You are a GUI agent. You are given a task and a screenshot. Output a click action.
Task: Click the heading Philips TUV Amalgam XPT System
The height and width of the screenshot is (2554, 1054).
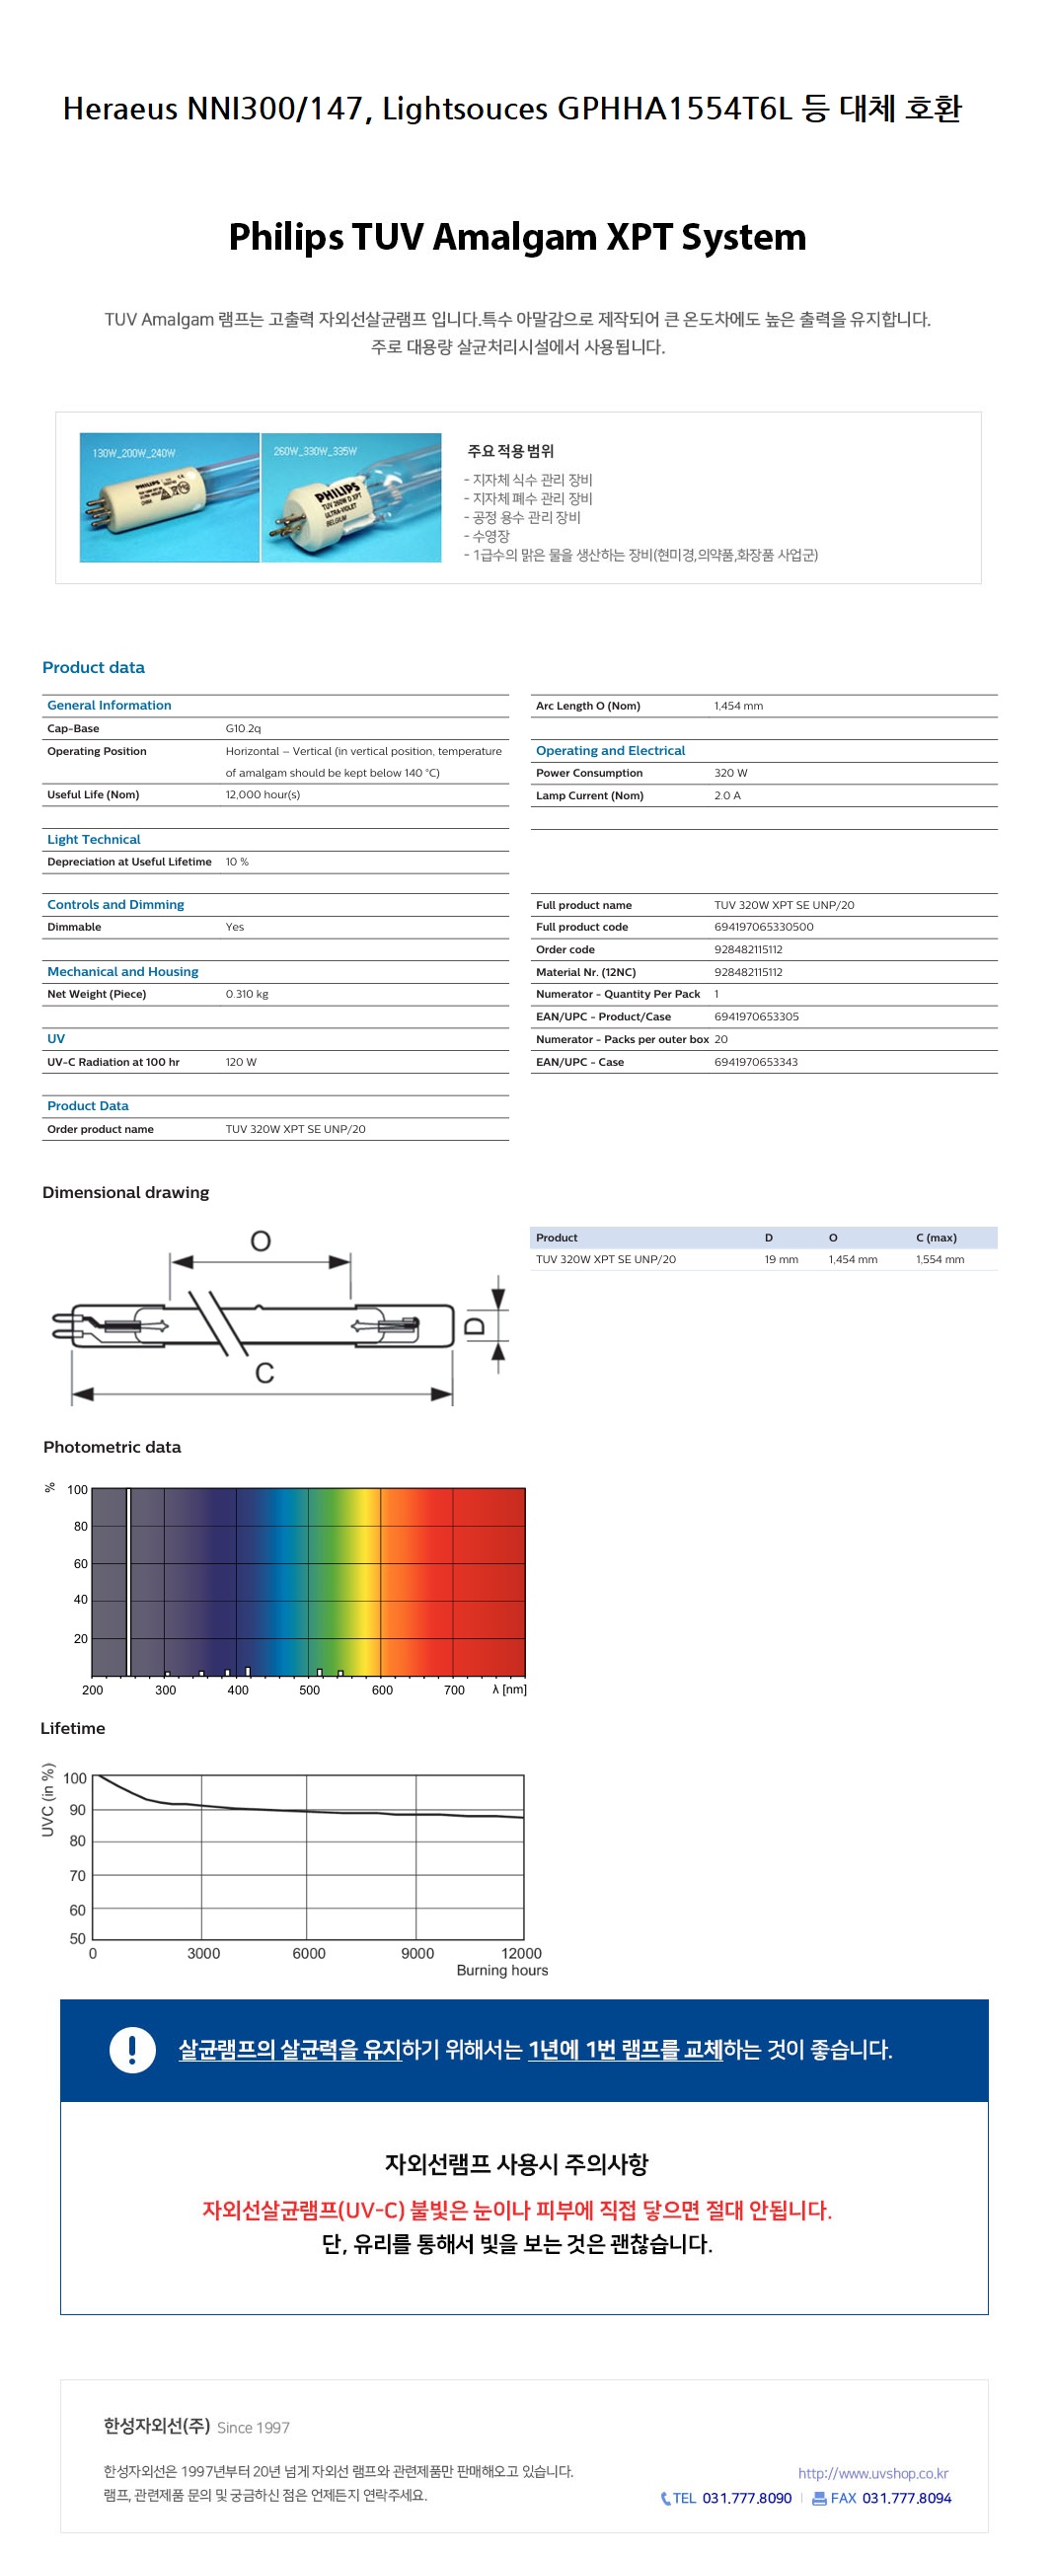pyautogui.click(x=516, y=238)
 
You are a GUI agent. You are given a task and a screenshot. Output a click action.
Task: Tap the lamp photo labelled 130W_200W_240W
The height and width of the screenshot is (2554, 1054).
pyautogui.click(x=170, y=497)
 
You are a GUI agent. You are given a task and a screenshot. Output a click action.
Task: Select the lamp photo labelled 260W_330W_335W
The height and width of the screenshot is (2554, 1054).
pyautogui.click(x=351, y=497)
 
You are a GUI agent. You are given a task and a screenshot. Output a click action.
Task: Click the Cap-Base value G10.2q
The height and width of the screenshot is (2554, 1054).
pyautogui.click(x=243, y=728)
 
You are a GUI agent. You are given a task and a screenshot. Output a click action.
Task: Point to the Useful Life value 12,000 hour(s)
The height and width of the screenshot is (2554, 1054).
pyautogui.click(x=263, y=795)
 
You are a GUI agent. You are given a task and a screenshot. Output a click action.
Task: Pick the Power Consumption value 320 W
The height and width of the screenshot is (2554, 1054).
pyautogui.click(x=730, y=774)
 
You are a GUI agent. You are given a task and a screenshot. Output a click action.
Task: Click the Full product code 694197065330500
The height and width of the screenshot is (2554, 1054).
pyautogui.click(x=764, y=927)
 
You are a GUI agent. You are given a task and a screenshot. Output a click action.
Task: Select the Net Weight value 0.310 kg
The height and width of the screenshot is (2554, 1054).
pyautogui.click(x=247, y=995)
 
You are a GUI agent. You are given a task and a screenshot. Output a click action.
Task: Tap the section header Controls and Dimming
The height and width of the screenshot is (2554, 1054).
pyautogui.click(x=116, y=905)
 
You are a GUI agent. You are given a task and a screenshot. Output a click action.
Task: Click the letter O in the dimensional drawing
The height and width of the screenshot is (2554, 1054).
pyautogui.click(x=261, y=1241)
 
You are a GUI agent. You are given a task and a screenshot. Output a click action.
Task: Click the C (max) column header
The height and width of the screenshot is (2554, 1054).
pyautogui.click(x=936, y=1239)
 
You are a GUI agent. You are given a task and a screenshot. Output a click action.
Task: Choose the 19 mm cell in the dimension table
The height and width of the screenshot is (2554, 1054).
pyautogui.click(x=782, y=1260)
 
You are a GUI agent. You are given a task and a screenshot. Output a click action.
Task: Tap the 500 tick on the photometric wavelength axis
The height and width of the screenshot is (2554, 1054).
pyautogui.click(x=309, y=1690)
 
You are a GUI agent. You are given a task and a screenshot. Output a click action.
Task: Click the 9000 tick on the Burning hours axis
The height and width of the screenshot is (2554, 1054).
pyautogui.click(x=417, y=1954)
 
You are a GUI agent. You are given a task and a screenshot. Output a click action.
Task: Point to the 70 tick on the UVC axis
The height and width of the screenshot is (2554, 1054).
pyautogui.click(x=77, y=1876)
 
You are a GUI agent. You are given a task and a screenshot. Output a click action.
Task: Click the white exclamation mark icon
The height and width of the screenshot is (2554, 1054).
pyautogui.click(x=132, y=2050)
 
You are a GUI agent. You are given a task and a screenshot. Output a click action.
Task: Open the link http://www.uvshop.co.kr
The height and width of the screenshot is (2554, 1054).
pyautogui.click(x=872, y=2474)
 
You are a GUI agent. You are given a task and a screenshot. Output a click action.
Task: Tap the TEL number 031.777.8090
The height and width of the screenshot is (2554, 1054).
pyautogui.click(x=747, y=2499)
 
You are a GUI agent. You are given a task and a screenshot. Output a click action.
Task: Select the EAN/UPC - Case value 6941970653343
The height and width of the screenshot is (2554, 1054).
pyautogui.click(x=756, y=1062)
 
